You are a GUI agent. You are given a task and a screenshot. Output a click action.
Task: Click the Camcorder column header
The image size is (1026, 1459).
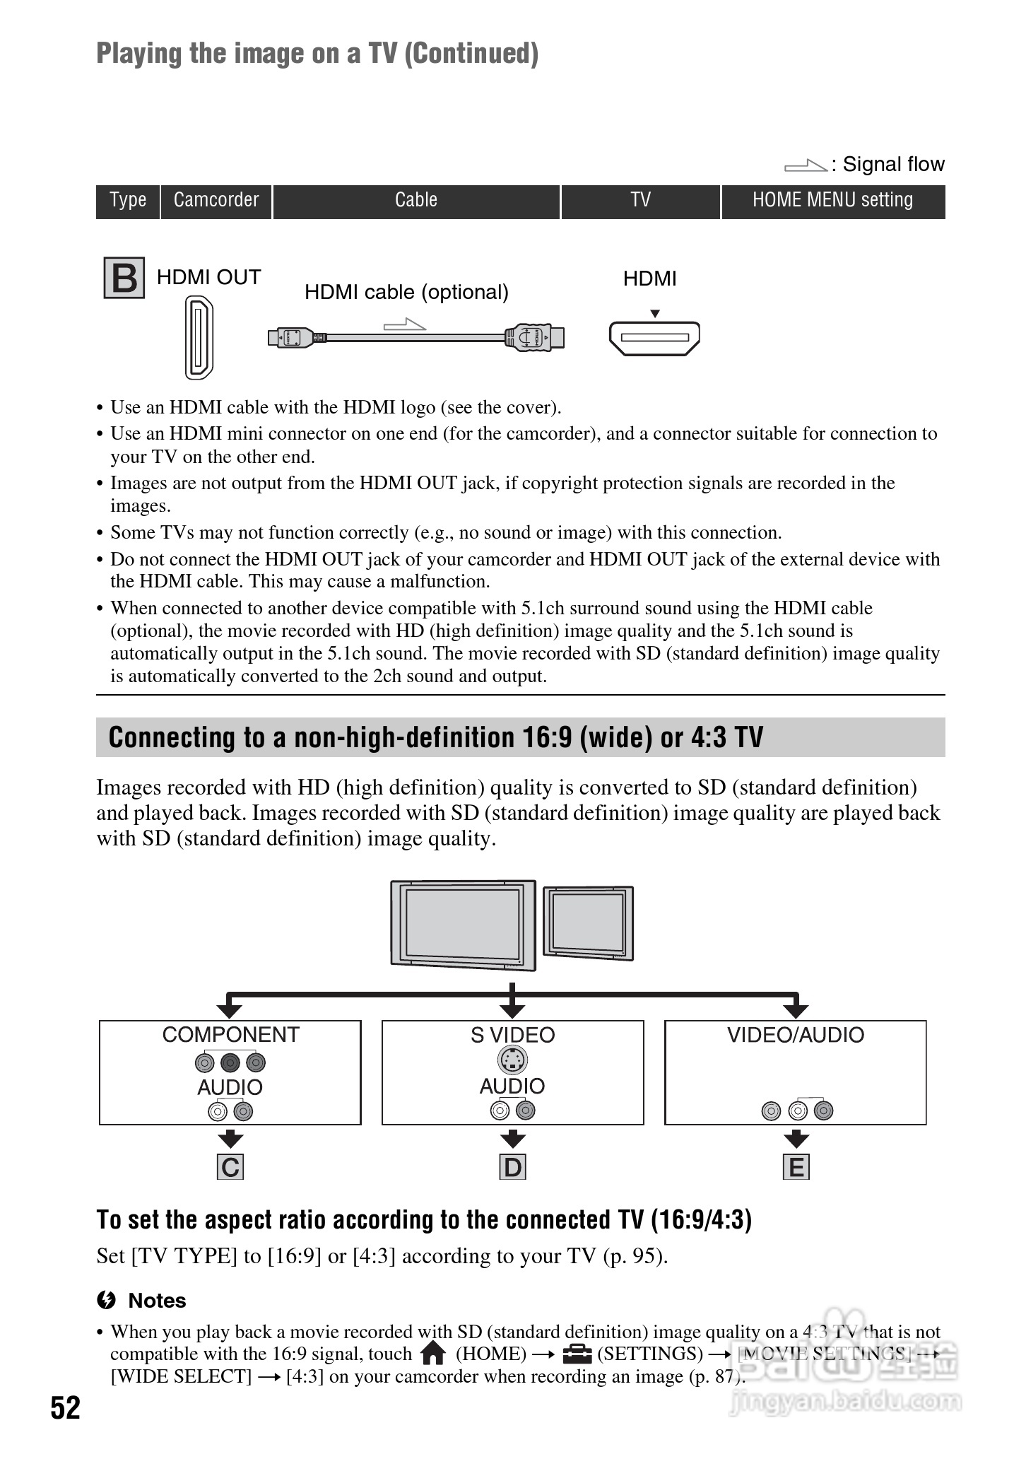pos(216,201)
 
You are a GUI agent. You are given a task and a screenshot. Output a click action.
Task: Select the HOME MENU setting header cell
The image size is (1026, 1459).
pos(832,201)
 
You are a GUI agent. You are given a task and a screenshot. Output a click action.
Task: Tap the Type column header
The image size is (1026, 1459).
pos(128,201)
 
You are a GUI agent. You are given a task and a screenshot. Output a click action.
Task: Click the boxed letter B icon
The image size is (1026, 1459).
pos(124,278)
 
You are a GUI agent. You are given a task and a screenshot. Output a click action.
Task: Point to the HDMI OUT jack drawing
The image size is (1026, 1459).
pos(199,337)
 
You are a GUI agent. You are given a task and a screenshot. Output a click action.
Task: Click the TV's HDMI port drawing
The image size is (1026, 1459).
pos(654,338)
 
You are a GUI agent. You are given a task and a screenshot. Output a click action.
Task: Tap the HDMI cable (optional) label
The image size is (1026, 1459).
pos(406,292)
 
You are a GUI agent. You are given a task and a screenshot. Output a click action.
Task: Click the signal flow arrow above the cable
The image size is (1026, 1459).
pos(405,324)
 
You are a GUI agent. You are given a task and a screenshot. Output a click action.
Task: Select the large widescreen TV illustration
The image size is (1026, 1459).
pos(464,924)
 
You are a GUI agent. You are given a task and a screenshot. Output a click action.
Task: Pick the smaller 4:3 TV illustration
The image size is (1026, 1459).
pos(589,922)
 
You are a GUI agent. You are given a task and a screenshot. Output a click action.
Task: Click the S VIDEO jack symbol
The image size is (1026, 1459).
pos(513,1060)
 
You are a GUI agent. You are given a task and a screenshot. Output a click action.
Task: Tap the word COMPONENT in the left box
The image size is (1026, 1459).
pos(230,1035)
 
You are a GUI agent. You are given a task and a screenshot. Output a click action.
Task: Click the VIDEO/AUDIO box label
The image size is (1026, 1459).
pos(796,1035)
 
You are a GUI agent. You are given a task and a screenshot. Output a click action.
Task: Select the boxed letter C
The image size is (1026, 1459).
pos(230,1167)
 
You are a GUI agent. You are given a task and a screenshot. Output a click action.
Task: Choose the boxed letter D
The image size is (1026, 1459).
pos(513,1167)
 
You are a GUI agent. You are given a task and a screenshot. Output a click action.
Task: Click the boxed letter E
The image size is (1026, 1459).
pos(796,1167)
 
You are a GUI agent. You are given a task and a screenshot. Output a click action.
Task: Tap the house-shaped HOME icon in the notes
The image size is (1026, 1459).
pos(432,1354)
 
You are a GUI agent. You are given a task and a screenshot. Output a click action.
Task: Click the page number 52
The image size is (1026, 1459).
pos(65,1408)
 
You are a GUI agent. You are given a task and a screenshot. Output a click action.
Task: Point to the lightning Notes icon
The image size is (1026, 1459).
pos(107,1300)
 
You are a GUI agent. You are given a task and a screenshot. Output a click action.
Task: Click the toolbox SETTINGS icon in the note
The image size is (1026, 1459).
pos(577,1354)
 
